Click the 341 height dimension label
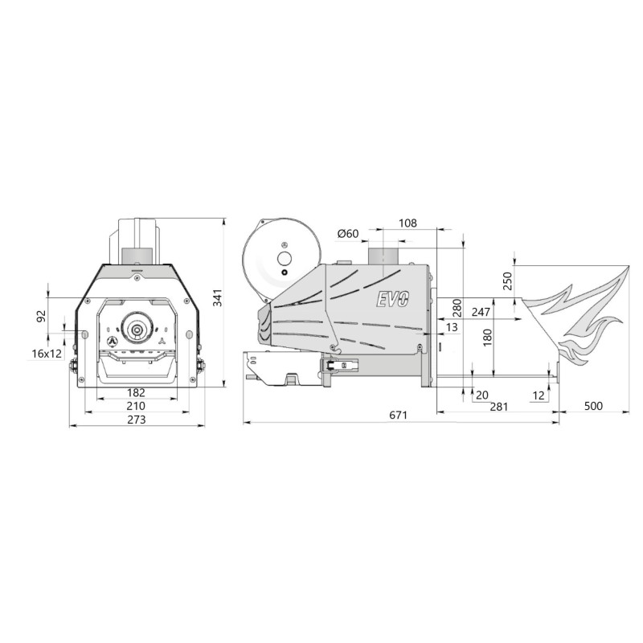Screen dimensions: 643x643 (x=218, y=297)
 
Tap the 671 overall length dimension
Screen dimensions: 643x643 (x=398, y=415)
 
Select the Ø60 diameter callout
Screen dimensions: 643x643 (x=348, y=234)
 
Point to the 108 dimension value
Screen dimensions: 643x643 (x=408, y=223)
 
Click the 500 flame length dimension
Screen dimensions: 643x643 (x=593, y=406)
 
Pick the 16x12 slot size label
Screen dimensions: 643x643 (x=47, y=354)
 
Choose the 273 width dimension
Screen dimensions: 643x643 (x=136, y=420)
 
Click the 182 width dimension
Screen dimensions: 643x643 (x=136, y=393)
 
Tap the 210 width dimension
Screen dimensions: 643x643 (x=136, y=406)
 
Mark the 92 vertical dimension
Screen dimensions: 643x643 (x=42, y=316)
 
